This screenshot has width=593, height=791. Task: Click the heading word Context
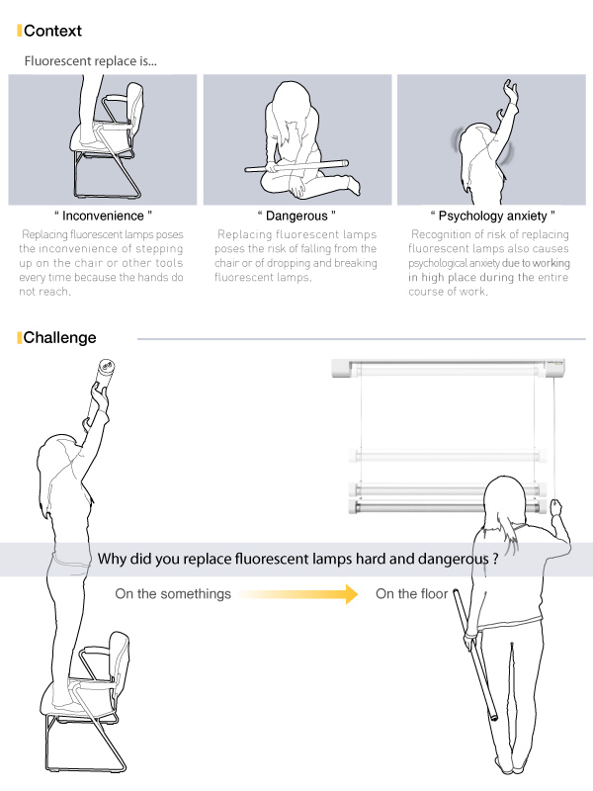(52, 31)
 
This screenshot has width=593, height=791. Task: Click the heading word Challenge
(59, 337)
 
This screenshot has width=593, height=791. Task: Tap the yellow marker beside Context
(19, 31)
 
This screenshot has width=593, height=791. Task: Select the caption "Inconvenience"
(103, 216)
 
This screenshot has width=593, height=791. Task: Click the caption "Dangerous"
(296, 216)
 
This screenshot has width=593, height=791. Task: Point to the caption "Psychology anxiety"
(492, 216)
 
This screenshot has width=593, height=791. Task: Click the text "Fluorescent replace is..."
(91, 61)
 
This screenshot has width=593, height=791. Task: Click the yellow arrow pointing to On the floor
(298, 594)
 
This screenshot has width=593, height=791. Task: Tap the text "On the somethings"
(173, 594)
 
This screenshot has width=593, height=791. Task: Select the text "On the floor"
(411, 594)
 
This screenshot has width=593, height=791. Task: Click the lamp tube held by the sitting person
(296, 165)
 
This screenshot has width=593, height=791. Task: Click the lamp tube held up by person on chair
(102, 389)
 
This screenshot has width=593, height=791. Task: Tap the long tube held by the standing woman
(475, 655)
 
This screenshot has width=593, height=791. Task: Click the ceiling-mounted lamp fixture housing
(448, 368)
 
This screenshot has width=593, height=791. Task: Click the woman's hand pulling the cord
(555, 507)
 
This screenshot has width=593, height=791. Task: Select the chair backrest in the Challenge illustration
(119, 659)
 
